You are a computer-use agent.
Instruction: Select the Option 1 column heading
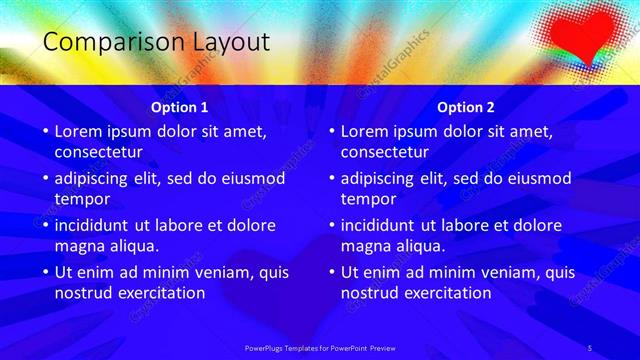tap(180, 106)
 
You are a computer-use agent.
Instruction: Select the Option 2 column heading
tap(466, 106)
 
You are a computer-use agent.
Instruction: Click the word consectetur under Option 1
tap(98, 153)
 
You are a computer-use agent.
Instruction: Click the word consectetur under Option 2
tap(384, 153)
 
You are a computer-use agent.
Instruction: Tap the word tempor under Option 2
tap(369, 199)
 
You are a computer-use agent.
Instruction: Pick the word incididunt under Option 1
tap(100, 225)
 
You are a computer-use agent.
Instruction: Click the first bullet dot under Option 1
tap(44, 132)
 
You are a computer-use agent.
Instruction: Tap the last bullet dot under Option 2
tap(330, 273)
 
